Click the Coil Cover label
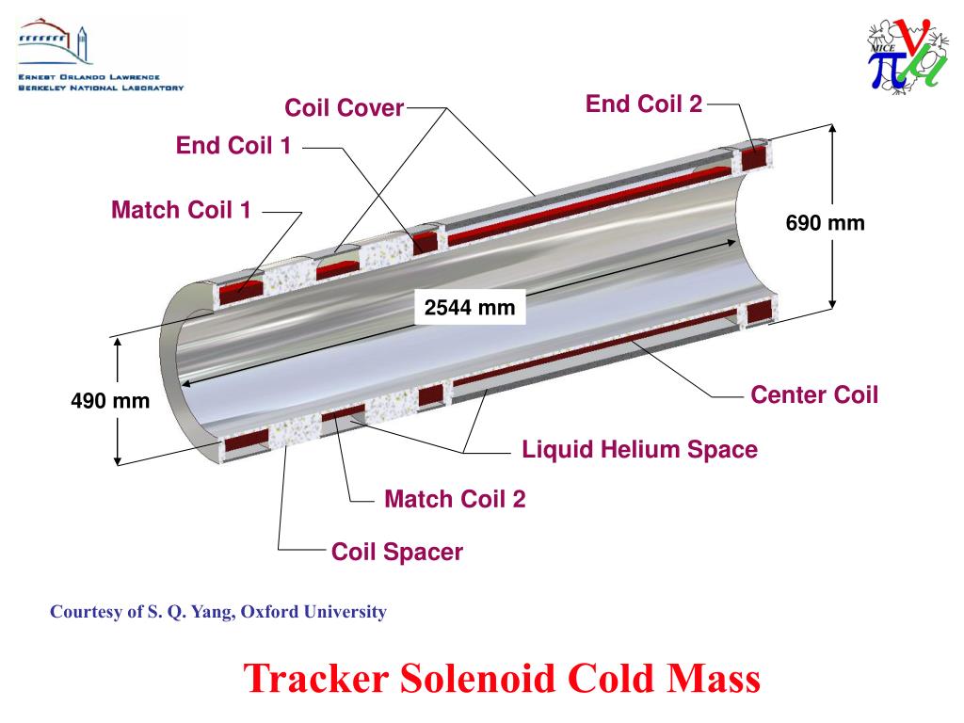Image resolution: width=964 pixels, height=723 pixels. click(345, 108)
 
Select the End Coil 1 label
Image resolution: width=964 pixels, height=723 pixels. click(233, 146)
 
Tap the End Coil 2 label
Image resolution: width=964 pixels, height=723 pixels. click(644, 104)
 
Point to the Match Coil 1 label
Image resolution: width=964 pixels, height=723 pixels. click(182, 209)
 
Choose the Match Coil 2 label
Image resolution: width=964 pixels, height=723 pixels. click(455, 499)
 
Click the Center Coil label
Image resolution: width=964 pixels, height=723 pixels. click(814, 394)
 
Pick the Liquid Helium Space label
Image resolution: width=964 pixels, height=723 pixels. click(639, 449)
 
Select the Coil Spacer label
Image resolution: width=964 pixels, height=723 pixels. click(397, 552)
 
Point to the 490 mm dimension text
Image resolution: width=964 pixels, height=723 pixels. click(110, 401)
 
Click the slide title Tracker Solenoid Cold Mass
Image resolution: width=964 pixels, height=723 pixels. click(501, 677)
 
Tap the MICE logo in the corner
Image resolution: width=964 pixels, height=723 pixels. click(907, 56)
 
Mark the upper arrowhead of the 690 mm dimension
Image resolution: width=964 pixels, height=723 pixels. click(833, 129)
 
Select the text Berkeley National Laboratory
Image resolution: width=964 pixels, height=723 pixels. click(101, 88)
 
